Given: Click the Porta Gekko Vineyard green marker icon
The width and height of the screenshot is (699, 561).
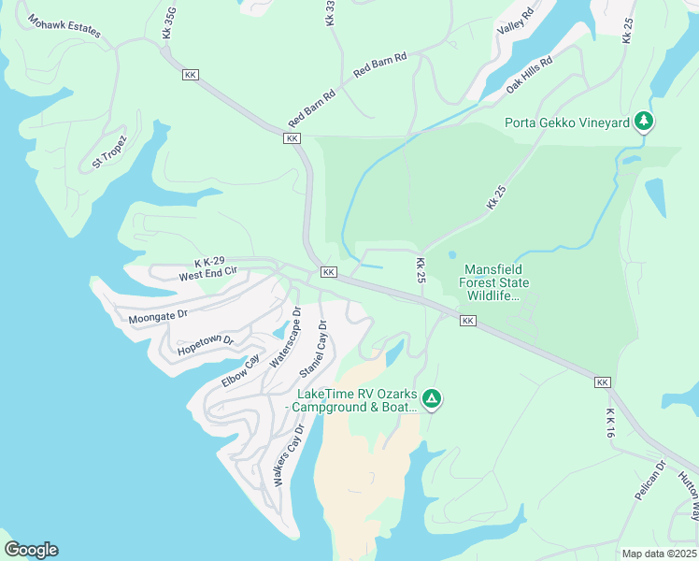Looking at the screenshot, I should coord(643,121).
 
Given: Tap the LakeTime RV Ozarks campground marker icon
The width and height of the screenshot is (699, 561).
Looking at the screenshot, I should coord(431,399).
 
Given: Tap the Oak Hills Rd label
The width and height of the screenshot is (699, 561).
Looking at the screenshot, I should coord(530,73).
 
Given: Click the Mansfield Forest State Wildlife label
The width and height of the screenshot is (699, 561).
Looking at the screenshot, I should coord(496,283).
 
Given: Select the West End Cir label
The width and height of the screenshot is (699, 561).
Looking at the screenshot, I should coord(208,276).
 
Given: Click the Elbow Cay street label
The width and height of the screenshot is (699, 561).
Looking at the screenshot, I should coord(240,371).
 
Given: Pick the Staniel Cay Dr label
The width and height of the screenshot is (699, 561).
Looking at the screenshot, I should coord(313,350).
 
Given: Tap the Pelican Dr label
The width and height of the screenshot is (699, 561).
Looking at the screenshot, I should coord(649,480).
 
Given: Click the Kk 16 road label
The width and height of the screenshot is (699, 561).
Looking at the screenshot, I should coord(610,423).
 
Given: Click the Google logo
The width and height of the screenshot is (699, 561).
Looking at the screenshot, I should coord(31,550).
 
